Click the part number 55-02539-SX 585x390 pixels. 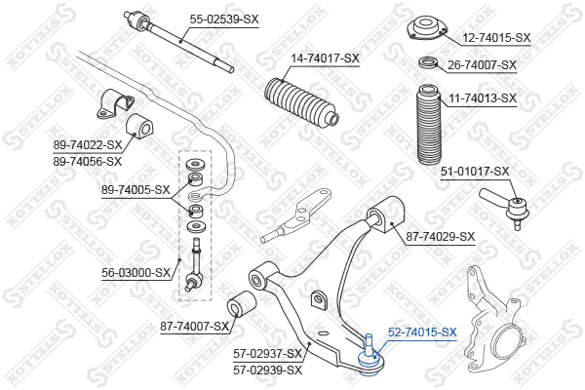[224, 19]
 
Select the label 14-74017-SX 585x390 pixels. [325, 58]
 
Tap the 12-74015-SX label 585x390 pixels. [496, 38]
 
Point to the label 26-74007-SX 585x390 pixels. [482, 65]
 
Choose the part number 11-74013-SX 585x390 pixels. [483, 98]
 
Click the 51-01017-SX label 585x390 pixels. [475, 172]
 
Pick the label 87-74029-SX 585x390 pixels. [441, 237]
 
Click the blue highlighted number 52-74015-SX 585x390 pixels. [422, 331]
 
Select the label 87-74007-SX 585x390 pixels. [194, 327]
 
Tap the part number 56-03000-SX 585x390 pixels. [136, 273]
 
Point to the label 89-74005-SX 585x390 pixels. [136, 190]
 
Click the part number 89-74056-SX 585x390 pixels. [88, 162]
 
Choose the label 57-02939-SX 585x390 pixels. [267, 370]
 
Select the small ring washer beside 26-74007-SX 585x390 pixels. [428, 62]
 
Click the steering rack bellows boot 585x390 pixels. [301, 101]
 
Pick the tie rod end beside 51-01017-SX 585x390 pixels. [505, 206]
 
